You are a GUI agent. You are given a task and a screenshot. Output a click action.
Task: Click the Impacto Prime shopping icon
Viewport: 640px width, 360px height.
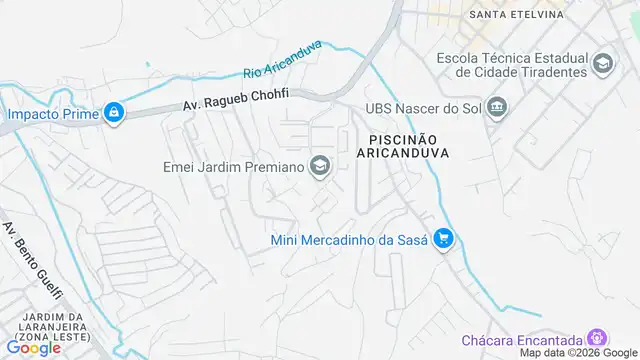click(115, 113)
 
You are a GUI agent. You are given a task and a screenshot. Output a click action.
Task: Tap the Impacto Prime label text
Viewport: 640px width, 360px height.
click(53, 113)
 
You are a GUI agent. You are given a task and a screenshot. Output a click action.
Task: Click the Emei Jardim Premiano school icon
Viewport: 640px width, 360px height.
click(320, 166)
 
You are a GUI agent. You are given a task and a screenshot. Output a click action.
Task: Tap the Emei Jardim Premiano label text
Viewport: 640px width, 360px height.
click(233, 166)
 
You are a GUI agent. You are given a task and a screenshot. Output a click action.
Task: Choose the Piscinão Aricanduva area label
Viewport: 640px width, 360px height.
click(402, 145)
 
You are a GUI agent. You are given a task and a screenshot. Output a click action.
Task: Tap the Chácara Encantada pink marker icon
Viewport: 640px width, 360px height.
click(598, 338)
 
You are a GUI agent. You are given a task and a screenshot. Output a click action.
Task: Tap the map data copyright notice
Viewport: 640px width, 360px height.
click(576, 353)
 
